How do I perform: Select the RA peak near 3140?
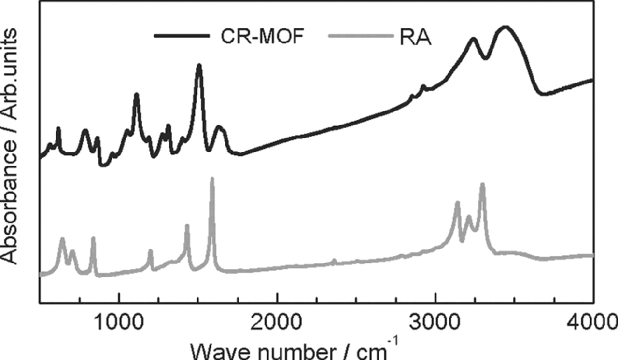[457, 203]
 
